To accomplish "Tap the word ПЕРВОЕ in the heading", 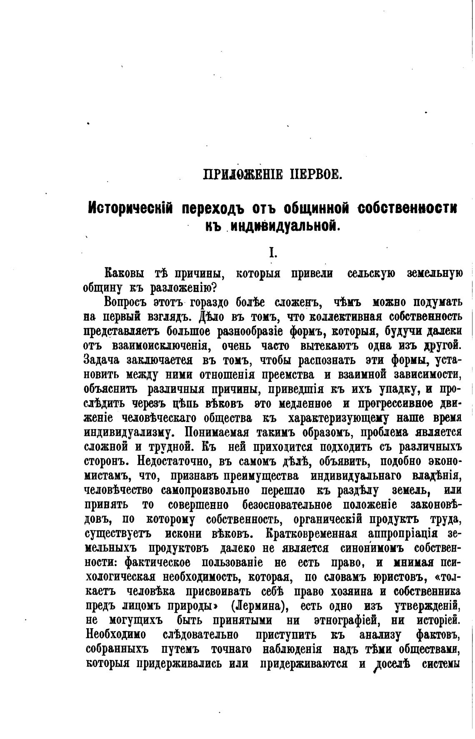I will pos(315,173).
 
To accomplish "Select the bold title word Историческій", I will pos(131,208).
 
